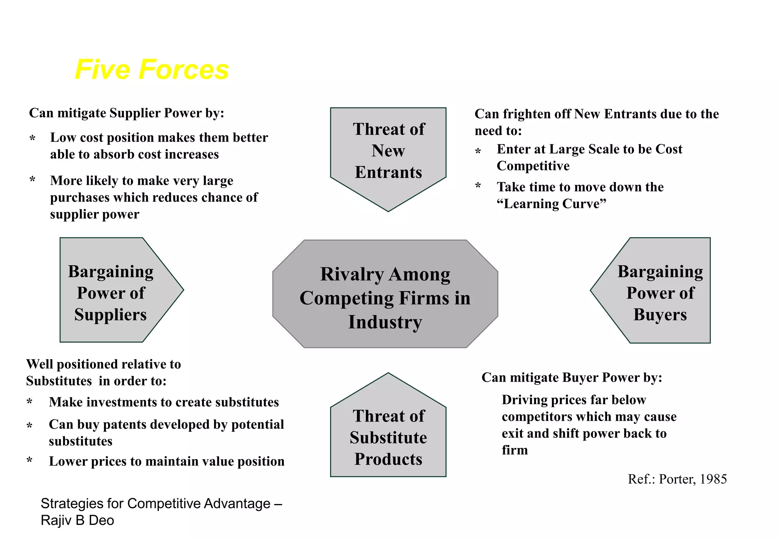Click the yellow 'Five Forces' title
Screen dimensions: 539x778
point(152,70)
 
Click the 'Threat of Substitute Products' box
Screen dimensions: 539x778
point(388,437)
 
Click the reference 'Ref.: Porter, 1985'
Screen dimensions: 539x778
point(677,479)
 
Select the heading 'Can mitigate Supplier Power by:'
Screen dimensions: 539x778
point(127,113)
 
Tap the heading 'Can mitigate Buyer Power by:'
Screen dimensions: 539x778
point(572,377)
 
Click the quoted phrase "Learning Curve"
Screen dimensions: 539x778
point(551,204)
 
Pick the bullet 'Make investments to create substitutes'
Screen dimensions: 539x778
point(164,402)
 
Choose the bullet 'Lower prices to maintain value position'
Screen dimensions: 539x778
point(166,461)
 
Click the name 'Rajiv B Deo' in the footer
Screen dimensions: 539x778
point(77,520)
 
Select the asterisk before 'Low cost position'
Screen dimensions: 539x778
point(32,138)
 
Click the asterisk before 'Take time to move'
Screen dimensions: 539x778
point(478,186)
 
